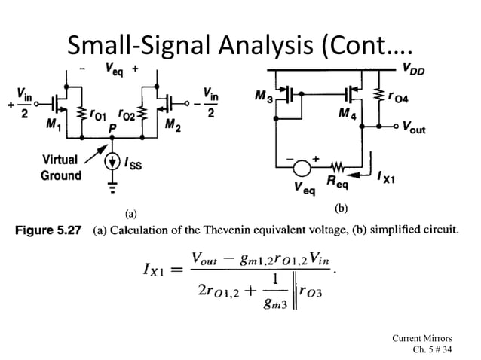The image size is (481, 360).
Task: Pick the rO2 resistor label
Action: pos(127,115)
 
